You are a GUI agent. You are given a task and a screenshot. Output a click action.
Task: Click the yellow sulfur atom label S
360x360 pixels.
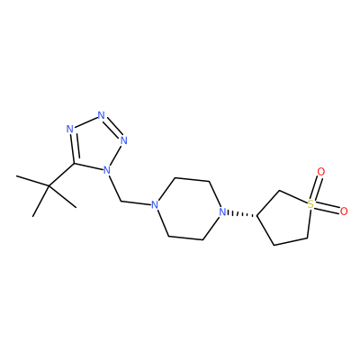pos(310,205)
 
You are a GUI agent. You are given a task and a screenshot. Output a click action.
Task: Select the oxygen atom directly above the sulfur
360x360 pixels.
pos(321,172)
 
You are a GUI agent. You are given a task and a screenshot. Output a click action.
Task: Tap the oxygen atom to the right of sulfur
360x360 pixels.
pos(344,211)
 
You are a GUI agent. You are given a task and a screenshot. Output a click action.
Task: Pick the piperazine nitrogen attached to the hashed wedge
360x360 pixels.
pos(222,212)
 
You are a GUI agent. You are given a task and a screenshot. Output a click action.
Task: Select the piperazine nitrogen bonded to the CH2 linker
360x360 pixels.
pos(154,205)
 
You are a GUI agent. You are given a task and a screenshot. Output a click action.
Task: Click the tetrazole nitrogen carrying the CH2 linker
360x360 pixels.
pos(106,171)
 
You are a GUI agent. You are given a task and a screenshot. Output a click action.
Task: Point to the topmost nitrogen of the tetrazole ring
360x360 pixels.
pos(102,115)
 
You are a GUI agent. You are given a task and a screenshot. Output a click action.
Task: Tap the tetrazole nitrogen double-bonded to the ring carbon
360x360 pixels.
pos(70,130)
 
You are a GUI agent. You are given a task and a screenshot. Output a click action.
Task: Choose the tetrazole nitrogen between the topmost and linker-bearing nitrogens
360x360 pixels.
pos(123,140)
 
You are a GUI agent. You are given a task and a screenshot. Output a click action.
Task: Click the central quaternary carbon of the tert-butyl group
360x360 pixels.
pos(49,186)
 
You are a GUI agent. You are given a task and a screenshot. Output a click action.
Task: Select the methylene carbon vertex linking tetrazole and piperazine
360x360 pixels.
pos(121,201)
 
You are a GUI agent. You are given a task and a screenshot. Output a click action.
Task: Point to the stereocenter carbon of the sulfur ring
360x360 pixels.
pos(257,215)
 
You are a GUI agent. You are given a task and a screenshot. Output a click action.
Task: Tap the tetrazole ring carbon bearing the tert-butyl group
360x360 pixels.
pos(74,164)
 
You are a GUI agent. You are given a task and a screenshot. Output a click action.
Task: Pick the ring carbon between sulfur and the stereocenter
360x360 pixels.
pos(279,191)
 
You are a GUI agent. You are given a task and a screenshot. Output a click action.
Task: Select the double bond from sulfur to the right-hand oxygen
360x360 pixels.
pos(327,207)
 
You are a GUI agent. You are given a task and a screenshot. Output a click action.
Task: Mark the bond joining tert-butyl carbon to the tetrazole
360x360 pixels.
pos(61,175)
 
